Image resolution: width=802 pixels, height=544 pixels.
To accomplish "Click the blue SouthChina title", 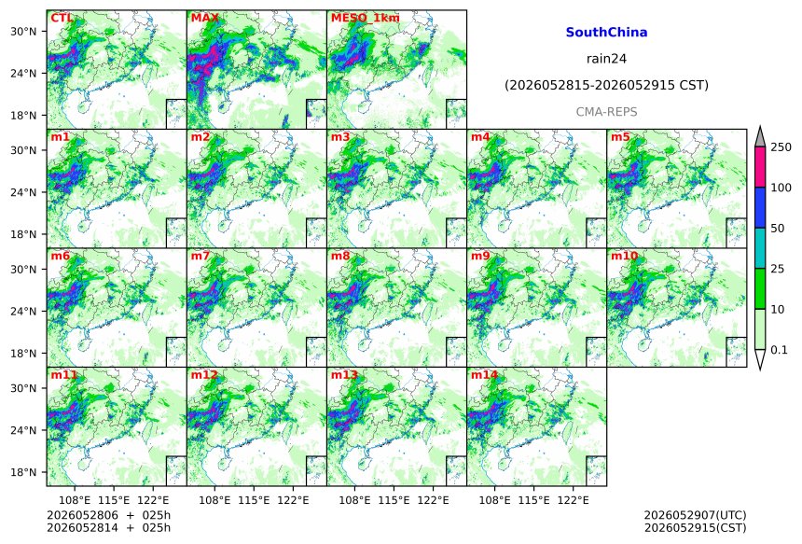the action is [x=606, y=33].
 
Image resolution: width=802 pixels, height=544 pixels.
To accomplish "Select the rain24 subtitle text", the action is [x=606, y=59].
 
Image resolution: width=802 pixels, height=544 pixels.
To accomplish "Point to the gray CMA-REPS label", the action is [x=606, y=112].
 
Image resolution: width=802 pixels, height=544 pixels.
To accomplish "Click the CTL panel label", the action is [x=62, y=18].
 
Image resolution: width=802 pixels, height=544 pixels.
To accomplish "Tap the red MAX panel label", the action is [x=204, y=18].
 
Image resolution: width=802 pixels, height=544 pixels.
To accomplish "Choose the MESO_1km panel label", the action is [x=366, y=19].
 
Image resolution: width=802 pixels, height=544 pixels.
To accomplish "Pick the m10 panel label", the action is [x=624, y=256].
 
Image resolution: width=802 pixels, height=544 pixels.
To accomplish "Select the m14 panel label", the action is [x=484, y=374].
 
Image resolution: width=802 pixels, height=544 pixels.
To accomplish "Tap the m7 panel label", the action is [x=200, y=256].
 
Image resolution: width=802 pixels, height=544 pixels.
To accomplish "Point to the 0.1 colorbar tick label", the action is [x=779, y=350].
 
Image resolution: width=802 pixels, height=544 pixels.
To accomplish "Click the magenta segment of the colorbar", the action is [x=759, y=167].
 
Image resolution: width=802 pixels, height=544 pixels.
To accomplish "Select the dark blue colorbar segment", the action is [x=759, y=207].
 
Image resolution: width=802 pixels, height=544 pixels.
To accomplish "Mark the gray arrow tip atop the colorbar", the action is [x=759, y=126].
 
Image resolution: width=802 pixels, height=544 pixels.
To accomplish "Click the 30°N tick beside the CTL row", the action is [x=23, y=32].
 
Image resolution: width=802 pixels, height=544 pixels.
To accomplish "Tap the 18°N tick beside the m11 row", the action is [x=23, y=472].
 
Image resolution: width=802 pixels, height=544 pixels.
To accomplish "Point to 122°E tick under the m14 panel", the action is [x=573, y=500].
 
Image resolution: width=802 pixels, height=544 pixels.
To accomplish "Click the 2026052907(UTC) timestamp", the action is [x=695, y=515].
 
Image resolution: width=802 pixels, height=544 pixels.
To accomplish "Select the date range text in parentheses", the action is [x=606, y=85].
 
